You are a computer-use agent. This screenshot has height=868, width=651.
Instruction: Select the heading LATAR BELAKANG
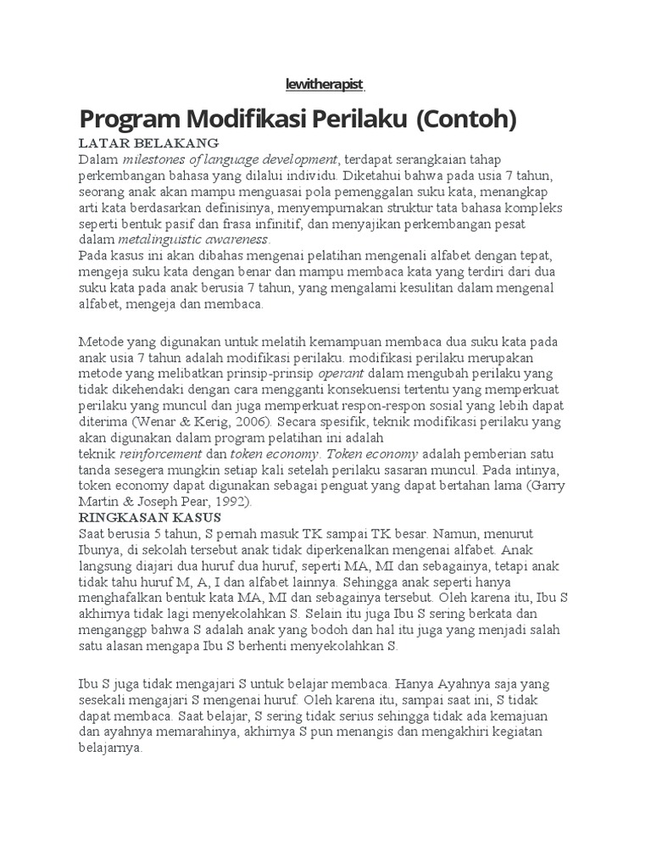pyautogui.click(x=148, y=142)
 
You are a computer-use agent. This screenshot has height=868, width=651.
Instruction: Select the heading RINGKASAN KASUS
pyautogui.click(x=150, y=516)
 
